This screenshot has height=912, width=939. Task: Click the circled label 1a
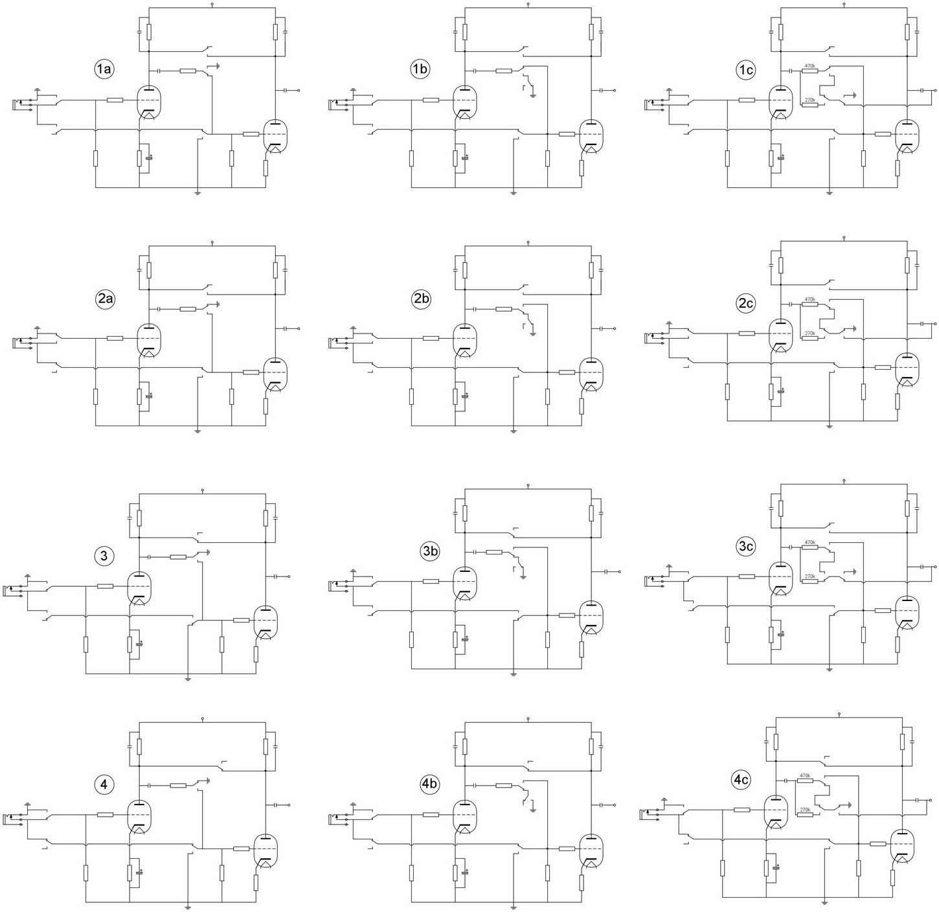click(x=104, y=69)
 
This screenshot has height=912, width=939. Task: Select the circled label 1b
click(x=420, y=69)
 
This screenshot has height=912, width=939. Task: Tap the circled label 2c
click(x=745, y=304)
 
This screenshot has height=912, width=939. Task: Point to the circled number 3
click(x=104, y=556)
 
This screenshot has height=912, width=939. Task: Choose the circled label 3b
click(x=429, y=551)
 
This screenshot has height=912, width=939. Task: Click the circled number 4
click(x=104, y=784)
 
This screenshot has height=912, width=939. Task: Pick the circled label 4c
click(x=741, y=781)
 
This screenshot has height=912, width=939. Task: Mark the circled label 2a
click(x=105, y=299)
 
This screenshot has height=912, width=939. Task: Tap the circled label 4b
click(x=429, y=784)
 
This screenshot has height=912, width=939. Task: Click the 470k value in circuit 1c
click(x=809, y=65)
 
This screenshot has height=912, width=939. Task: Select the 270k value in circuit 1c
click(x=809, y=100)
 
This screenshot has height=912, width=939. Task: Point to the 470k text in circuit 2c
click(x=809, y=299)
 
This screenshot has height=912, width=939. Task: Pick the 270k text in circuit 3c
click(x=809, y=576)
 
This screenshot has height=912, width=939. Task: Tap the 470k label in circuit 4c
click(x=805, y=775)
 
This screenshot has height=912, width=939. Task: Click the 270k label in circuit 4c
click(x=805, y=809)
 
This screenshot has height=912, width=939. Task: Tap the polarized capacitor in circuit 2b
click(x=465, y=396)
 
